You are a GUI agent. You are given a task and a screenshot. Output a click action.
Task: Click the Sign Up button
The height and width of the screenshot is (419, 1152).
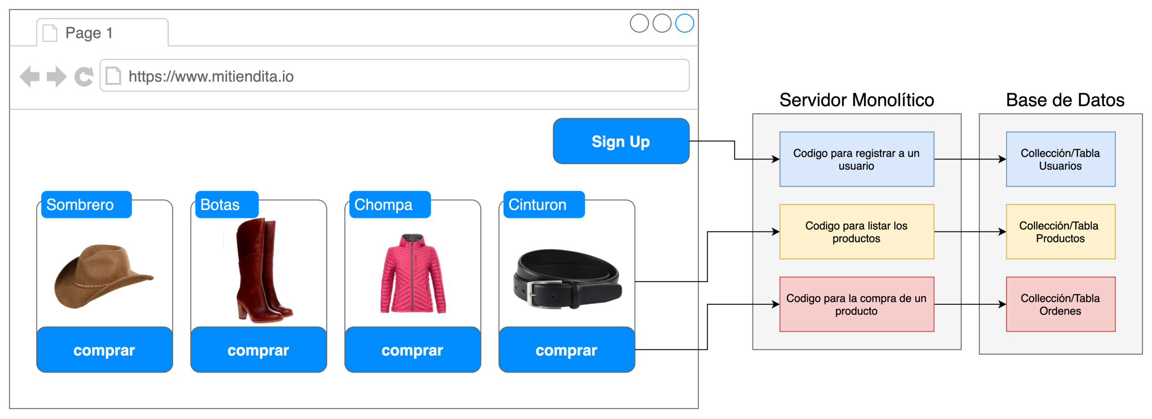coord(621,141)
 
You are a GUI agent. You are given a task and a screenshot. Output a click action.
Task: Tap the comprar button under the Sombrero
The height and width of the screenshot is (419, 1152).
coord(104,350)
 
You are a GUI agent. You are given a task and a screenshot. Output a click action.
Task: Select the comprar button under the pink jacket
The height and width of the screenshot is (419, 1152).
coord(412,350)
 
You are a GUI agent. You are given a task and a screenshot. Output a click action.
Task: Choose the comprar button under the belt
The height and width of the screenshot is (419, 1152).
coord(566,350)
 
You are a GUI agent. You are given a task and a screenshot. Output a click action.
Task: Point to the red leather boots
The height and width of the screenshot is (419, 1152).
coord(260,272)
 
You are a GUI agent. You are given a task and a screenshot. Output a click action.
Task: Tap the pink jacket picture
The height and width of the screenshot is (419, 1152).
coord(413,274)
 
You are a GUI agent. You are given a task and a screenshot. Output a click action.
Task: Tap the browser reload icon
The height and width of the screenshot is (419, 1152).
coord(84,77)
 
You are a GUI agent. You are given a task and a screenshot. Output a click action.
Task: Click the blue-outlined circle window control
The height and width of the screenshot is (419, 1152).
coord(684,24)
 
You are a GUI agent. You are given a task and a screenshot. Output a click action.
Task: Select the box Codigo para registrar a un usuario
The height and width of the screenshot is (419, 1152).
coord(857,159)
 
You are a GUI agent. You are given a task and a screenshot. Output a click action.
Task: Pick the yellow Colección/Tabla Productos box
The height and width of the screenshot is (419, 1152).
coord(1060,232)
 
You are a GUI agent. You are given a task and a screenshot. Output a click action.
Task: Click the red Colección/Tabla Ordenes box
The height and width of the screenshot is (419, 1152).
coord(1060,304)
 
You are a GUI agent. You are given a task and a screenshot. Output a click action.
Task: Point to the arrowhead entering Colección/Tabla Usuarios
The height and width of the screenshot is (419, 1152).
coord(1002,159)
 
